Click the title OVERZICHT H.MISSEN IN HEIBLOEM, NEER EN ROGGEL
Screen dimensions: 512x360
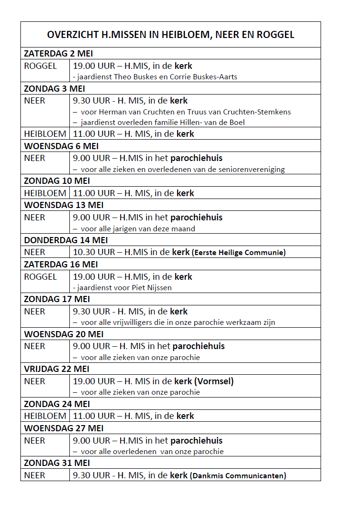point(171,35)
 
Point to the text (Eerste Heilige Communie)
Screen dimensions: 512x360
point(238,253)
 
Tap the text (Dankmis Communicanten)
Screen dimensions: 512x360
point(238,475)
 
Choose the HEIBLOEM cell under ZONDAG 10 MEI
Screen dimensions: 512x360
point(45,193)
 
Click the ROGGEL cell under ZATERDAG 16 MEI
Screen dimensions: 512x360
point(40,277)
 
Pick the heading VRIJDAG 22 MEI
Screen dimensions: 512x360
point(57,369)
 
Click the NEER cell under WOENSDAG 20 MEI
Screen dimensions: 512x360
point(35,346)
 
